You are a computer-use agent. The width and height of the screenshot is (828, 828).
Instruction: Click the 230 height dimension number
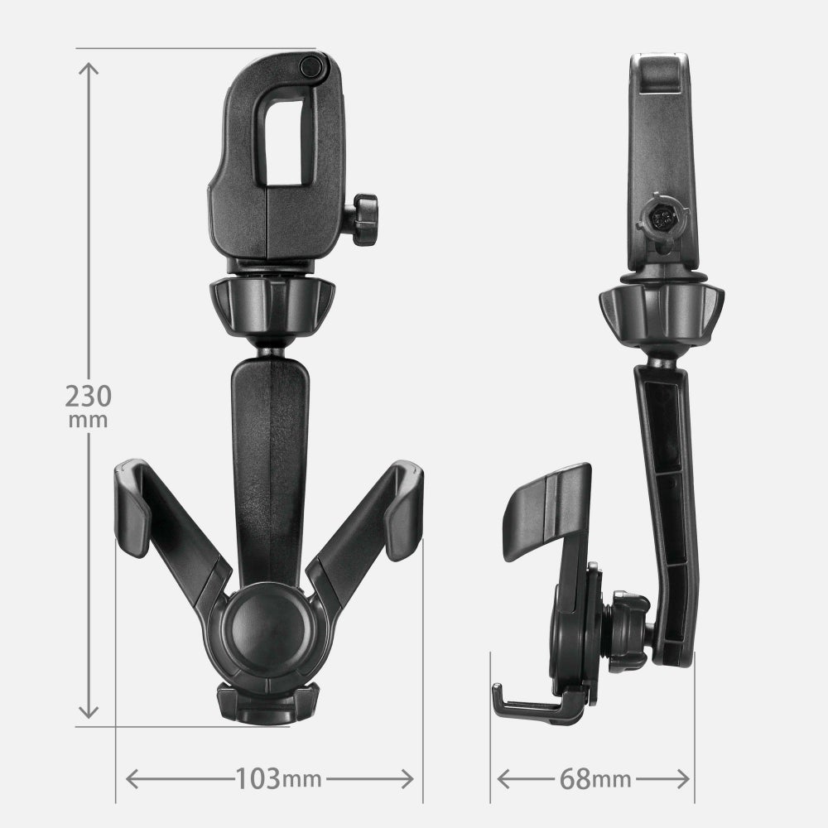pyautogui.click(x=89, y=396)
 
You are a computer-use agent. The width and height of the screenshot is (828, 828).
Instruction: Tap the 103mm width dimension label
pyautogui.click(x=277, y=778)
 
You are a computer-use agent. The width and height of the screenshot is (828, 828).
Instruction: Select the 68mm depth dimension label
pyautogui.click(x=595, y=779)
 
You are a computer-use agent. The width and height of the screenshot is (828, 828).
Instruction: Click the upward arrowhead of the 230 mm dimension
pyautogui.click(x=89, y=70)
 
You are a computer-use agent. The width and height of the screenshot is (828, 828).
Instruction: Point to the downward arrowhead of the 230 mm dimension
pyautogui.click(x=89, y=711)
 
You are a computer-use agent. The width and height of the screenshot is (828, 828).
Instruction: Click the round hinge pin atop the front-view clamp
pyautogui.click(x=311, y=66)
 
